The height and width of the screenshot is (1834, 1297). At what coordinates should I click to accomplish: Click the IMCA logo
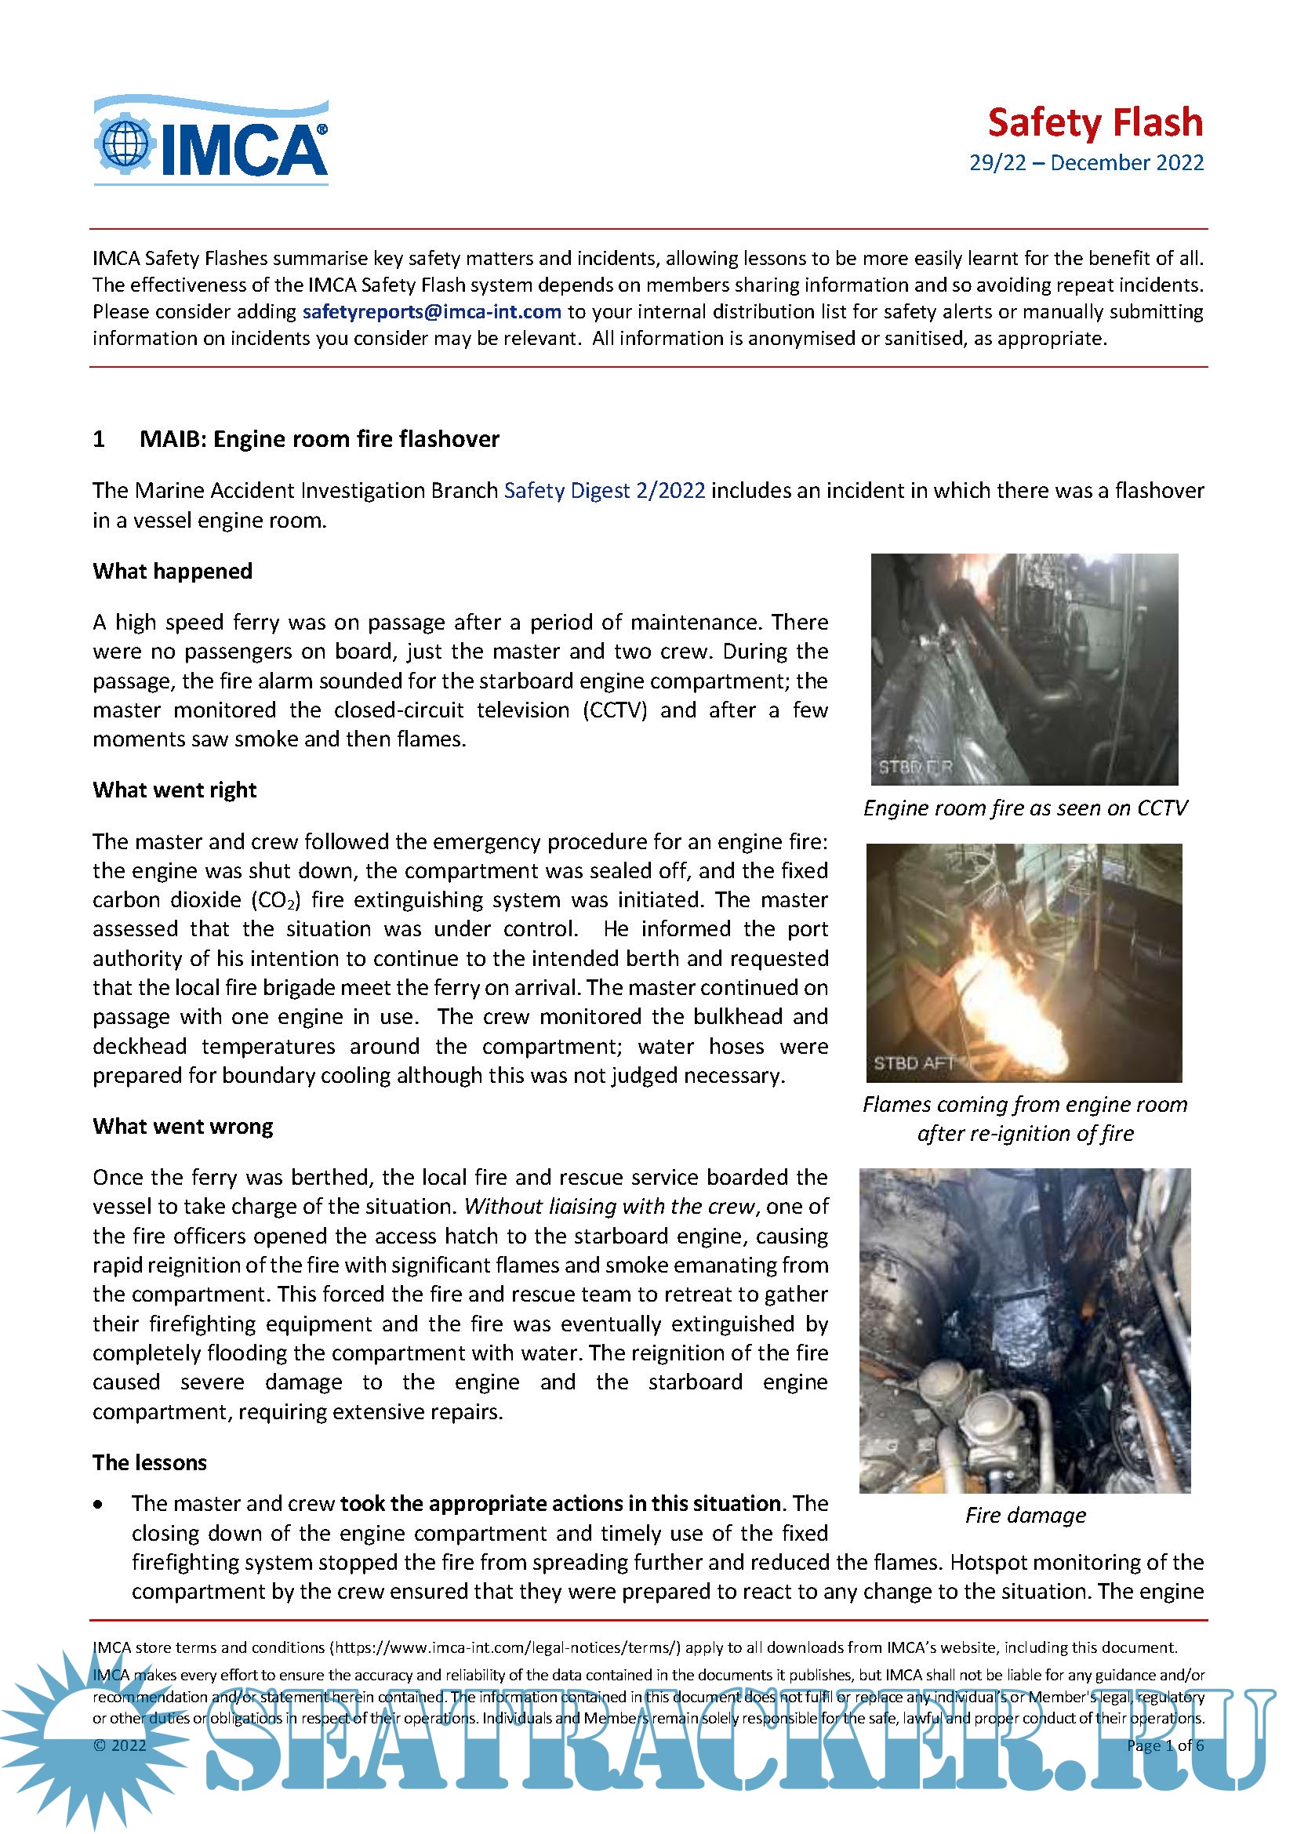[x=211, y=141]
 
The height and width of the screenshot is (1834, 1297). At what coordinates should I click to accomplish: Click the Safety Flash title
[x=1094, y=123]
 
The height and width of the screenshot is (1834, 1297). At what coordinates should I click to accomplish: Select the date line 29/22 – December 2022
[x=1085, y=163]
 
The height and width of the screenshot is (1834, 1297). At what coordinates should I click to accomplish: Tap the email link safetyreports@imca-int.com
[x=431, y=311]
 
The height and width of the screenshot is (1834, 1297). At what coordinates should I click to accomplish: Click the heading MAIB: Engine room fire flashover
[x=318, y=439]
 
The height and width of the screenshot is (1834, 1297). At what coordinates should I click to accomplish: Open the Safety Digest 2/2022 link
[x=604, y=490]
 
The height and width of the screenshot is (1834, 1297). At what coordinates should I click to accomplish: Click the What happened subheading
[x=173, y=571]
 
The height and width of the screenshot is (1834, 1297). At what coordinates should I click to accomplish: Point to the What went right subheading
[x=174, y=790]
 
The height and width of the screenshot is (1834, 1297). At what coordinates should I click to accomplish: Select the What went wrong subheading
[x=183, y=1126]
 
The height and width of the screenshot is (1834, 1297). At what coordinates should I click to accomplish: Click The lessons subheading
[x=149, y=1462]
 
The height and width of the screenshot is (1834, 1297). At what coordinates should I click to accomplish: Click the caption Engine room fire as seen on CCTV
[x=1025, y=808]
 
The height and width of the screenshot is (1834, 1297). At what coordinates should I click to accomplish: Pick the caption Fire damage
[x=1025, y=1516]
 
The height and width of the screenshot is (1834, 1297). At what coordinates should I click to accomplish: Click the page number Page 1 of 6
[x=1164, y=1745]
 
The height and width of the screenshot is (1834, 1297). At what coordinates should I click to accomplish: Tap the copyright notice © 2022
[x=120, y=1745]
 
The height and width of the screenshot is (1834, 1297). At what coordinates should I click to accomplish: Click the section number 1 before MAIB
[x=99, y=439]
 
